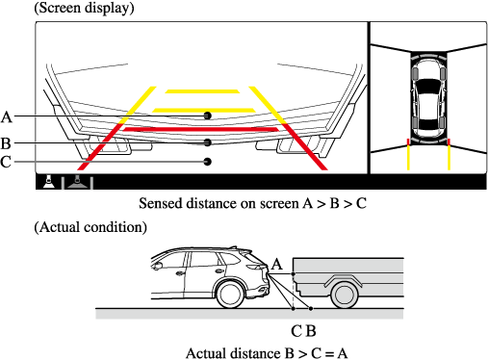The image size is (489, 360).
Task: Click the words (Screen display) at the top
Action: pos(84,8)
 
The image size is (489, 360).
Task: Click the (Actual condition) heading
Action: pos(90,227)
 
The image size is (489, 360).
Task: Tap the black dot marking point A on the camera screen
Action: pos(208,116)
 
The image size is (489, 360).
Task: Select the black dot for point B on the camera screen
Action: pos(208,142)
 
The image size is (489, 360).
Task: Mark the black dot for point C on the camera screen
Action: pos(208,162)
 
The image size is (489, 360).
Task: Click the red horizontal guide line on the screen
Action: pos(201,129)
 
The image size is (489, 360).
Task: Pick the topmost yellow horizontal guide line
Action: pos(202,91)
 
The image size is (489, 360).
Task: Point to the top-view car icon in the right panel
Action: pos(428,98)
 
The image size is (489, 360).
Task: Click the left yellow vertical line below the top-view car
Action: pos(408,158)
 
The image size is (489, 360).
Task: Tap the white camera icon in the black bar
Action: pos(49,182)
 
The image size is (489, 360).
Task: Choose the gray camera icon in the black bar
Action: pos(77,182)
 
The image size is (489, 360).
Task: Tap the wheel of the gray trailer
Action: pos(344,295)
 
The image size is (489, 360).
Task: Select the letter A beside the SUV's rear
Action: pos(277,265)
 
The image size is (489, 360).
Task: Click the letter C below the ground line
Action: pos(296,331)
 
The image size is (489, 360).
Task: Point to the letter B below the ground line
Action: pos(311,331)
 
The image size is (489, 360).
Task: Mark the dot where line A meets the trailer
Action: pos(294,274)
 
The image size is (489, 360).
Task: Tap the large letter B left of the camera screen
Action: pos(6,143)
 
